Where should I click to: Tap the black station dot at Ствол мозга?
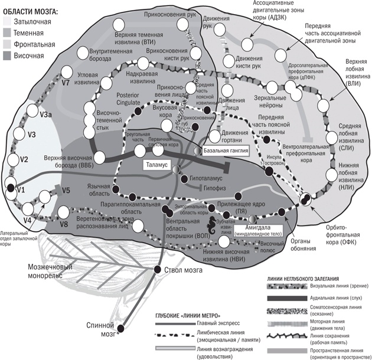158,270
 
